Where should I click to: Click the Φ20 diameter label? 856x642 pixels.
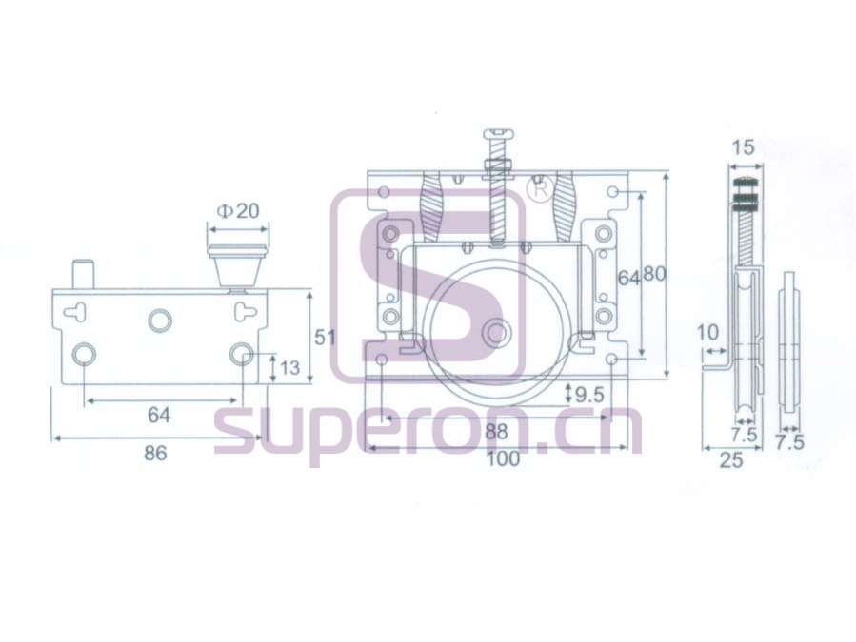point(237,210)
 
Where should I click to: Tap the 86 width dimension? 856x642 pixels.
point(155,454)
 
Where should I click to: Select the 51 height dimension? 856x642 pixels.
point(325,337)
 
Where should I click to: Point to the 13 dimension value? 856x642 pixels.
point(289,368)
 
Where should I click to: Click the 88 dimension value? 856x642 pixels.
point(496,432)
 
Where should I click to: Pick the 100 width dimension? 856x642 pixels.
point(503,458)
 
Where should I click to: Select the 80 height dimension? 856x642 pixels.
point(654,273)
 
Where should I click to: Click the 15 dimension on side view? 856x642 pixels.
point(743,146)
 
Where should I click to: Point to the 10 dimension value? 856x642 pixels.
point(708,332)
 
